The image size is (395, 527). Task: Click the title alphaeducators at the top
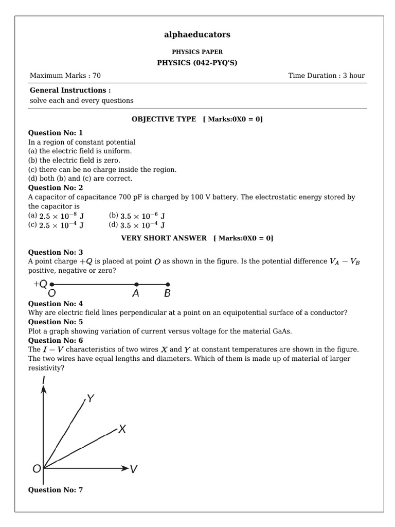197,34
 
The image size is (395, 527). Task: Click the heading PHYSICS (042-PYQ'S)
197,63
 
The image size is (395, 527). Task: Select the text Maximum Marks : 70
65,76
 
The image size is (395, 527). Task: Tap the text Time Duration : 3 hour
327,76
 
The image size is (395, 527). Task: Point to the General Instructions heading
70,90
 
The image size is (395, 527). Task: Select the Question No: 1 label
55,132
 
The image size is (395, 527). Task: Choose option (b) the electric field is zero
80,160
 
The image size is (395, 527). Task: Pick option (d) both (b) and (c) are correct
80,179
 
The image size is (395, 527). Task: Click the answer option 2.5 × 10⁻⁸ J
61,216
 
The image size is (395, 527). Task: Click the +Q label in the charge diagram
41,284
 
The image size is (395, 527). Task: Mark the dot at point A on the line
136,284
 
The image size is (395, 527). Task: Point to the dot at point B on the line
168,284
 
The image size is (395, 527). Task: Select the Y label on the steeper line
91,398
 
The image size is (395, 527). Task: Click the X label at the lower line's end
122,429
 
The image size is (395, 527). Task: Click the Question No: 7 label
55,490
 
